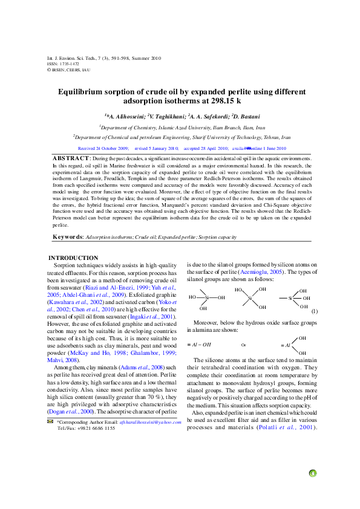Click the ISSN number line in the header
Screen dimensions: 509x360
tap(63, 63)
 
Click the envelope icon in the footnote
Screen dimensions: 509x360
tap(50, 421)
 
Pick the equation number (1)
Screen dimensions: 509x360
tap(314, 311)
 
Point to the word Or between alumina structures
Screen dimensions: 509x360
tap(243, 345)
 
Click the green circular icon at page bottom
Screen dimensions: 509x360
tap(313, 473)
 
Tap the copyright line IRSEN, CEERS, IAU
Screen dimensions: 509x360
tap(69, 70)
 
